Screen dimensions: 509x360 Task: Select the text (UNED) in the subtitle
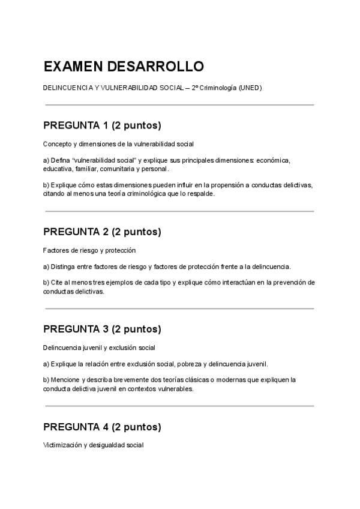[x=250, y=88]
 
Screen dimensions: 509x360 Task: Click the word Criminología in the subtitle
[x=219, y=88]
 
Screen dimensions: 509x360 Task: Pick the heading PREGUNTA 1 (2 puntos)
[x=102, y=125]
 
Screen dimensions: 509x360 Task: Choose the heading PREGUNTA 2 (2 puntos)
[x=102, y=232]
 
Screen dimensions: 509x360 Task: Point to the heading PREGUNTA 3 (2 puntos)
[x=102, y=329]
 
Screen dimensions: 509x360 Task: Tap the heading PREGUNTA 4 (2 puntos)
[x=102, y=427]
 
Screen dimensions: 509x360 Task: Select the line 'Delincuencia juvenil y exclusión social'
[x=99, y=348]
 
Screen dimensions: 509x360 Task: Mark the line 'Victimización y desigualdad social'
[x=93, y=445]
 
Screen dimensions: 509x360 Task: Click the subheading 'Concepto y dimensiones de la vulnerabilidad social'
[x=118, y=143]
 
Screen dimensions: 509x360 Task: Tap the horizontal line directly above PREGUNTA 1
[x=179, y=105]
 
